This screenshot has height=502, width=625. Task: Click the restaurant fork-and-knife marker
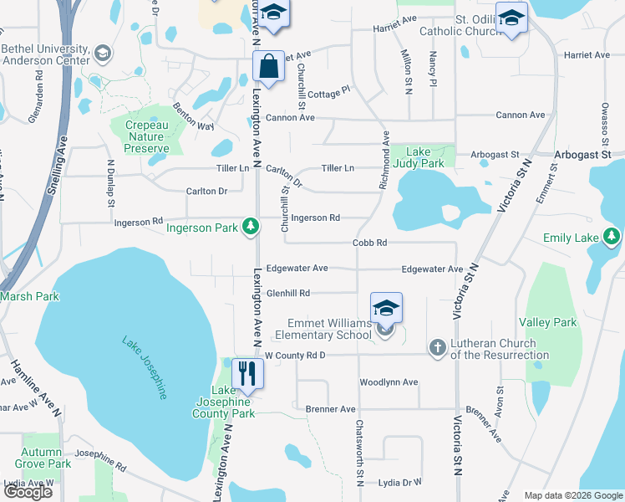pos(246,372)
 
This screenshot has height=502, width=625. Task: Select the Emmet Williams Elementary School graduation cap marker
pos(386,308)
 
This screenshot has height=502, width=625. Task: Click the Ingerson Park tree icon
pos(249,226)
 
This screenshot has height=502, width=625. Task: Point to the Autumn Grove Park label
pos(47,458)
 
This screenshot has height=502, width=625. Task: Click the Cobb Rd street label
pos(369,243)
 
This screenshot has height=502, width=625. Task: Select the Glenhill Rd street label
pos(288,293)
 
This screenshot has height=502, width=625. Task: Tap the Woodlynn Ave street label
pos(388,382)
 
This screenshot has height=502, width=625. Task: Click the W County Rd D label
pos(294,356)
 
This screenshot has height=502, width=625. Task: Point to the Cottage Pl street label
pos(328,91)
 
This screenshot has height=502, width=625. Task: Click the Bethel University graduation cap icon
pos(103,54)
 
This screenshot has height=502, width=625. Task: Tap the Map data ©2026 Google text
pos(572,495)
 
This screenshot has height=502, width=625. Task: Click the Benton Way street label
pos(193,117)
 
